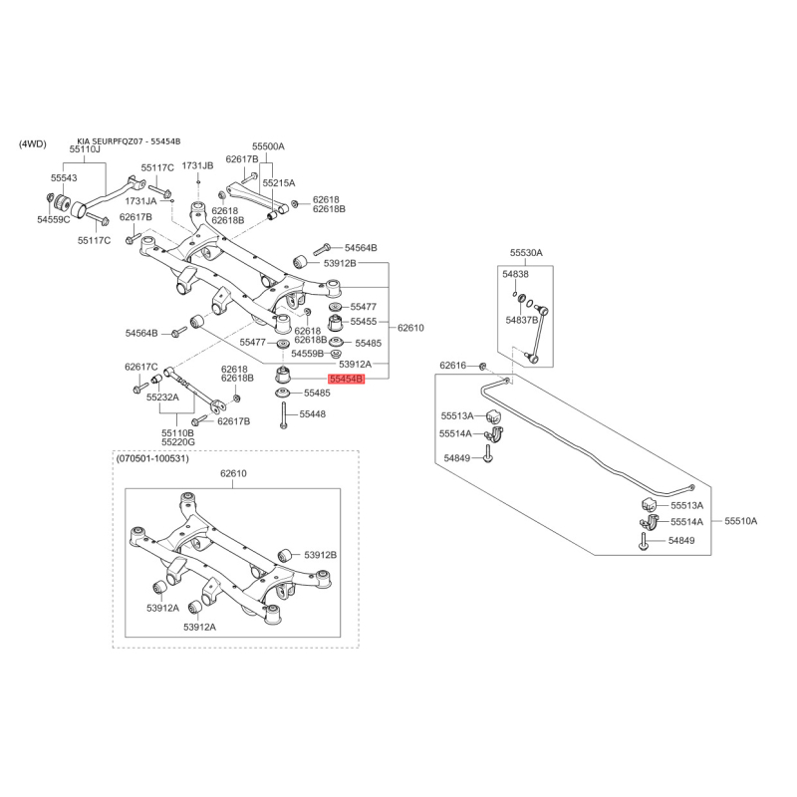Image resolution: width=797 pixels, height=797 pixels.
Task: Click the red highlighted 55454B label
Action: coord(347,379)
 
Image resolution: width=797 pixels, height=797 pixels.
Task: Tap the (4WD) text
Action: coord(33,143)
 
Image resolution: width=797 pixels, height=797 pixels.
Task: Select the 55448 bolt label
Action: coord(313,414)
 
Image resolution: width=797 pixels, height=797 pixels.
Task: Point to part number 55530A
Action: coord(527,253)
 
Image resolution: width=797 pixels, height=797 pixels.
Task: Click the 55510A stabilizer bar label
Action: coord(741,521)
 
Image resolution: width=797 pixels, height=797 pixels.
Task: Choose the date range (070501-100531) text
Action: coord(152,458)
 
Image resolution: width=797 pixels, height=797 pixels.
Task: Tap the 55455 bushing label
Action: coord(364,321)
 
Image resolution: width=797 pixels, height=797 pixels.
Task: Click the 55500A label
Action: coord(269,146)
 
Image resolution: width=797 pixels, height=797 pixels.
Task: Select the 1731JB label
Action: coord(197,165)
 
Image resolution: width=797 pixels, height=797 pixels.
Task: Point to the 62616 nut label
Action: coord(453,365)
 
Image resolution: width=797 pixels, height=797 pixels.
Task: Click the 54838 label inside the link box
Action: coord(515,274)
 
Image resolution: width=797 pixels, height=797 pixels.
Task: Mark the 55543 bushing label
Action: coord(64,178)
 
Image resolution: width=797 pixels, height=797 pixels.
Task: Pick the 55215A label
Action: coord(279,182)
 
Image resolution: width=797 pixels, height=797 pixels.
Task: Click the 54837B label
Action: coord(521,320)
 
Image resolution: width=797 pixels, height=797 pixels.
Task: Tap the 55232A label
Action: coord(162,397)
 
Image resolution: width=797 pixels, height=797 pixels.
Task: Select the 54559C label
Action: coord(54,219)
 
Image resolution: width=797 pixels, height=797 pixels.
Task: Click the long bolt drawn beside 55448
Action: coord(283,414)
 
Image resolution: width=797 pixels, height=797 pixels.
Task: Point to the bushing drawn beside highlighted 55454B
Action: coord(282,375)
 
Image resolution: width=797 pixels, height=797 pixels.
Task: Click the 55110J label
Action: coord(85,149)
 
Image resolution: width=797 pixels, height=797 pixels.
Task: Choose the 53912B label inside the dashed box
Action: coord(321,555)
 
